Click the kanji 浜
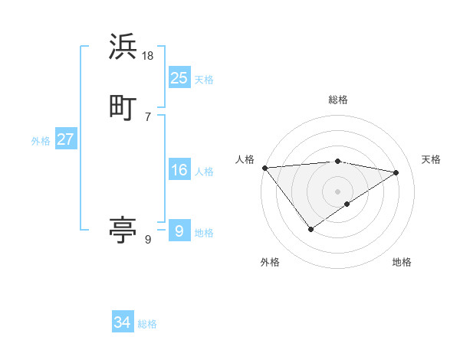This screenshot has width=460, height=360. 123,47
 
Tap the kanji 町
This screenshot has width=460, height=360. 123,108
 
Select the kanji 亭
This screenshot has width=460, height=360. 123,231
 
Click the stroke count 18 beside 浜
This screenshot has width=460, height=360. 149,55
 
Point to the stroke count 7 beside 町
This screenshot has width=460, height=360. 148,116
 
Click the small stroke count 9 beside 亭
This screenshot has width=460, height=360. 148,239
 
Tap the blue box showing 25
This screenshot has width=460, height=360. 179,78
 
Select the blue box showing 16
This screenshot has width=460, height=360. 179,170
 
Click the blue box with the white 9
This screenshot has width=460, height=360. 179,231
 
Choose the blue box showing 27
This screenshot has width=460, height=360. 65,139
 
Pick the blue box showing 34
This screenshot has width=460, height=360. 122,323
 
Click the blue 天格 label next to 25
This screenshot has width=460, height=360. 204,79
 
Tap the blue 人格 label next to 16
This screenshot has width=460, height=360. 204,171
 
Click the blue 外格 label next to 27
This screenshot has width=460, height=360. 41,140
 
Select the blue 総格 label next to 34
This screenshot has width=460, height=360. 147,324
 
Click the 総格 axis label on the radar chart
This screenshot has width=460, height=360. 337,100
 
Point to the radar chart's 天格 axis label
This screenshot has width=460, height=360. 431,159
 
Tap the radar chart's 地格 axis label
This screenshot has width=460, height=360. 402,262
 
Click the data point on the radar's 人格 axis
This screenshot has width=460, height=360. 264,168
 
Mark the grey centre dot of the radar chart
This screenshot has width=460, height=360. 337,191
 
